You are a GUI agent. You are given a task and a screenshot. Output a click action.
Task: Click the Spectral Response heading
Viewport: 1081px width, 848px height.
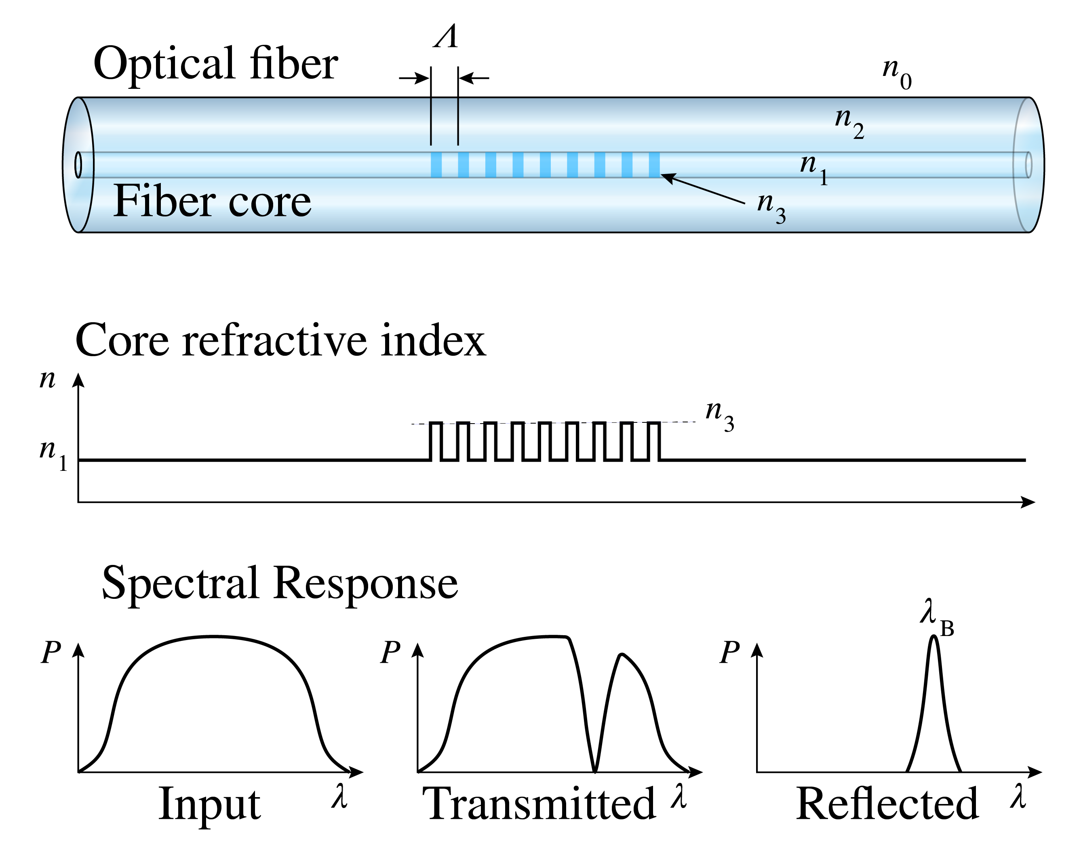click(x=280, y=584)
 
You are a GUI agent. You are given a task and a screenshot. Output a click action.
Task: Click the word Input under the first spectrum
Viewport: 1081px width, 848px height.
click(x=210, y=804)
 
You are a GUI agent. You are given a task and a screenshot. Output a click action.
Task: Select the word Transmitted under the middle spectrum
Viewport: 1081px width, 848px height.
click(x=539, y=804)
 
